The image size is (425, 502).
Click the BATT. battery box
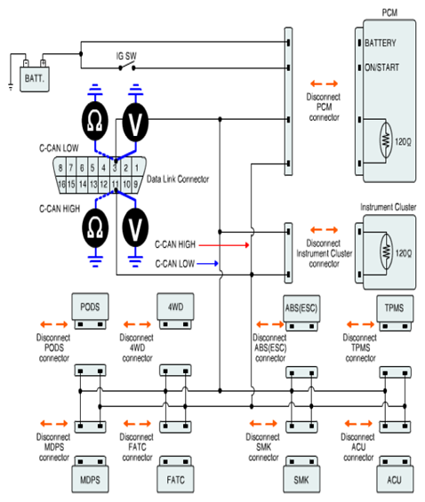coord(35,79)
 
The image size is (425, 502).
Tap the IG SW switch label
coord(126,56)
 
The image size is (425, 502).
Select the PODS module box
coord(90,307)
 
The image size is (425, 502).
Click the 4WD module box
coord(175,307)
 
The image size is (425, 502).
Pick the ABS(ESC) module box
coord(301,308)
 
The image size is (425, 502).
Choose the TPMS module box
coord(395,308)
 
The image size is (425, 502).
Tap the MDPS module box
coord(90,479)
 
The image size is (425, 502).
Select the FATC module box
coord(175,479)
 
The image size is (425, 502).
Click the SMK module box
coord(301,479)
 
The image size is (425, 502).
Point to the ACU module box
coord(395,479)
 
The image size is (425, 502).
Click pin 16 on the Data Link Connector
coord(61,185)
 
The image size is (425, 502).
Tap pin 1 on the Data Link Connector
coord(137,167)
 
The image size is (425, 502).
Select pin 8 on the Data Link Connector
coord(60,167)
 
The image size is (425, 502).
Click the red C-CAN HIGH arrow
coord(224,245)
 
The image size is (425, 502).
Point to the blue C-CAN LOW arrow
coord(207,264)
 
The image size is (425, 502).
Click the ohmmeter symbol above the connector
coord(95,121)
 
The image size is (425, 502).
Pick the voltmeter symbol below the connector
coord(135,228)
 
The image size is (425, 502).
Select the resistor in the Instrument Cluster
coord(387,252)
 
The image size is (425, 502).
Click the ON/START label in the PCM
coord(381,68)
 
